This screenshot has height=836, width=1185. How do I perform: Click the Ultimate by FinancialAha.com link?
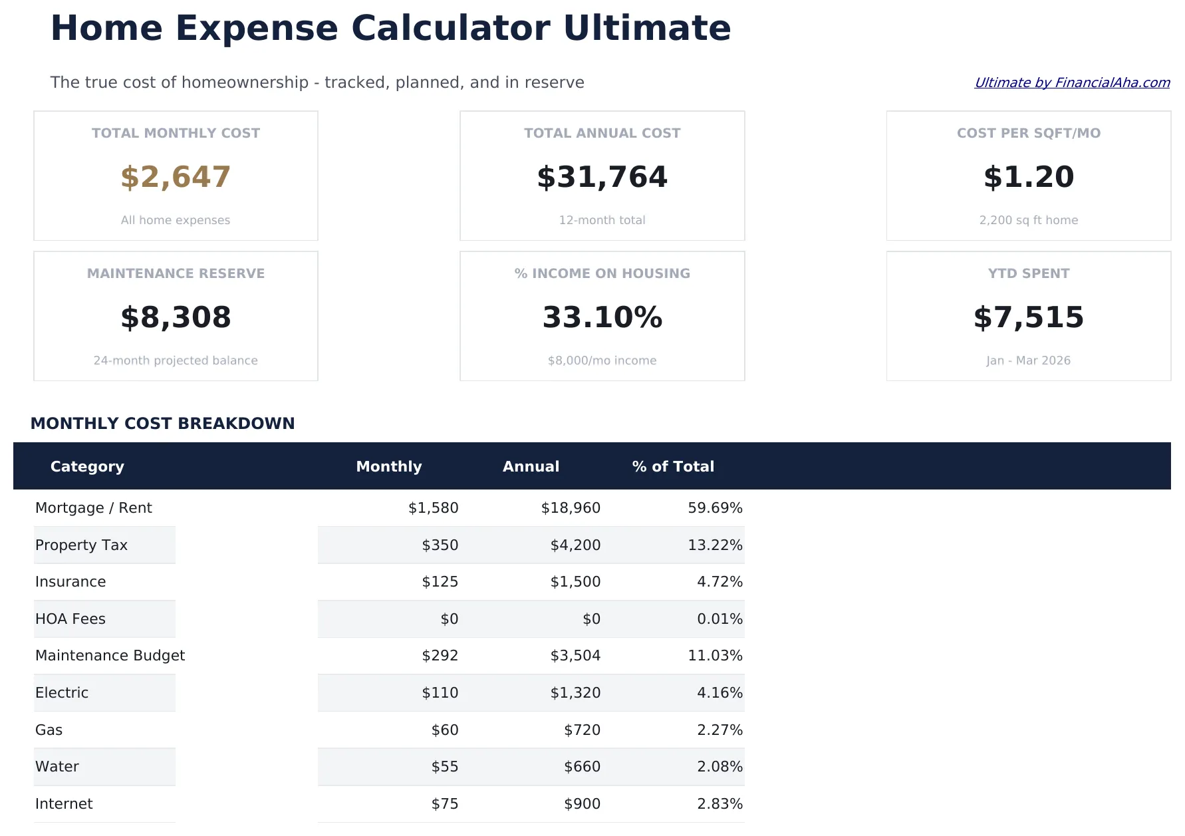pyautogui.click(x=1071, y=82)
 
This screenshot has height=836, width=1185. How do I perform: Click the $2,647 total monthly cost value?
pyautogui.click(x=176, y=177)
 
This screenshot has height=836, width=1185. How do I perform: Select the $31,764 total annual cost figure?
pyautogui.click(x=602, y=177)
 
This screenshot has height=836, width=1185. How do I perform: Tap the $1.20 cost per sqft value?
pyautogui.click(x=1028, y=177)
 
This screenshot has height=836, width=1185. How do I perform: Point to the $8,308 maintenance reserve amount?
pyautogui.click(x=176, y=317)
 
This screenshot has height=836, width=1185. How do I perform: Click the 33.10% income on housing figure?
pyautogui.click(x=602, y=317)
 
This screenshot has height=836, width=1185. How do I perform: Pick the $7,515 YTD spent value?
pyautogui.click(x=1028, y=317)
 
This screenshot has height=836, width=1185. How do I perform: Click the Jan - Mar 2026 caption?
pyautogui.click(x=1028, y=360)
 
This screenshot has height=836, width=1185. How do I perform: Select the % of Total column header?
pyautogui.click(x=673, y=466)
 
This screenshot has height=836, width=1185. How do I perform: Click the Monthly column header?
pyautogui.click(x=389, y=466)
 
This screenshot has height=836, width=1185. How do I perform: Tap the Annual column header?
pyautogui.click(x=531, y=466)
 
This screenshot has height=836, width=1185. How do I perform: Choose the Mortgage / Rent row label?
pyautogui.click(x=94, y=508)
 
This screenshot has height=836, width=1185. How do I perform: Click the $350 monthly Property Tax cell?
pyautogui.click(x=440, y=545)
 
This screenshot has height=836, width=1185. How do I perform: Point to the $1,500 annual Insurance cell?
pyautogui.click(x=575, y=582)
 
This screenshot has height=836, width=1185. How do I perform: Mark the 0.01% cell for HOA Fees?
pyautogui.click(x=720, y=619)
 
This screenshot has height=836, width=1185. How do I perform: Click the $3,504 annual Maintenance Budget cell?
pyautogui.click(x=575, y=656)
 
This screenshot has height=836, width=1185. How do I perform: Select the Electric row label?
pyautogui.click(x=62, y=693)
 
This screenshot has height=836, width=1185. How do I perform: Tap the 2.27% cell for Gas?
pyautogui.click(x=720, y=730)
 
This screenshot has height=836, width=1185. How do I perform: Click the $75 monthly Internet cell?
pyautogui.click(x=445, y=804)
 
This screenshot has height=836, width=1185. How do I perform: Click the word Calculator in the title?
pyautogui.click(x=450, y=29)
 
